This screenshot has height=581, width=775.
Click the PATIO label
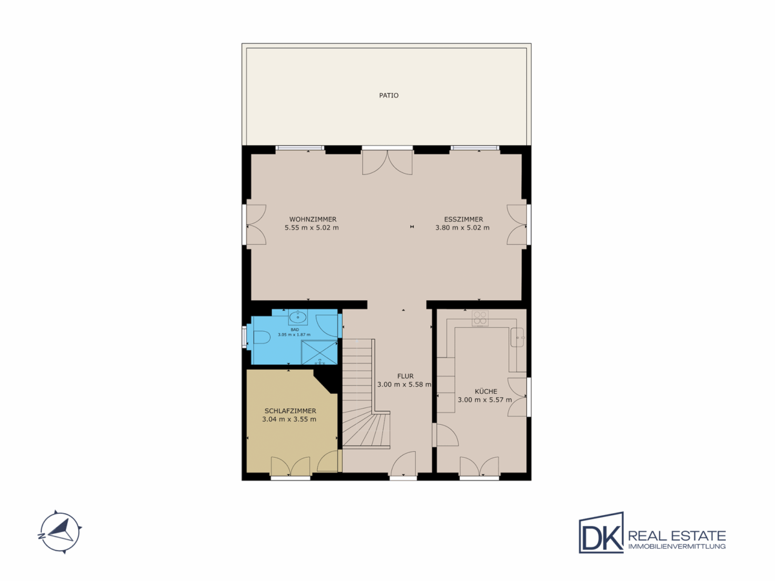(x=389, y=96)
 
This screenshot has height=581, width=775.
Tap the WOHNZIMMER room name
(x=313, y=219)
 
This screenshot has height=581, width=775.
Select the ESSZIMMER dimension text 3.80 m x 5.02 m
(x=462, y=227)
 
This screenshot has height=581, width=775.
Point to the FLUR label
(x=405, y=376)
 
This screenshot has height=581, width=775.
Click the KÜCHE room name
(x=486, y=391)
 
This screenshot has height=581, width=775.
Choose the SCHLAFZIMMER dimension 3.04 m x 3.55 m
(x=289, y=419)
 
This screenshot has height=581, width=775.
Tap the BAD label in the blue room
(x=294, y=329)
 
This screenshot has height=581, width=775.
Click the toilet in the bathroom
(x=261, y=338)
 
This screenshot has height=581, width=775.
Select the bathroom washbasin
(x=298, y=317)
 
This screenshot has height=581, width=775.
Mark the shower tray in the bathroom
(x=319, y=352)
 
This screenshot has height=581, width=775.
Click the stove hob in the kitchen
(x=480, y=318)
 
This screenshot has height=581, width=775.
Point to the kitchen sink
(x=517, y=337)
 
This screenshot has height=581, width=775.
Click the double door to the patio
(x=387, y=162)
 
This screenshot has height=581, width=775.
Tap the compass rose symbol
(x=60, y=531)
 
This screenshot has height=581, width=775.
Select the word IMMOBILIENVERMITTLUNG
(x=677, y=547)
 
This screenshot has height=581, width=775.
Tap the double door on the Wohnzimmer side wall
(x=256, y=225)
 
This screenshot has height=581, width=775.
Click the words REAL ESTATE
(x=677, y=536)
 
